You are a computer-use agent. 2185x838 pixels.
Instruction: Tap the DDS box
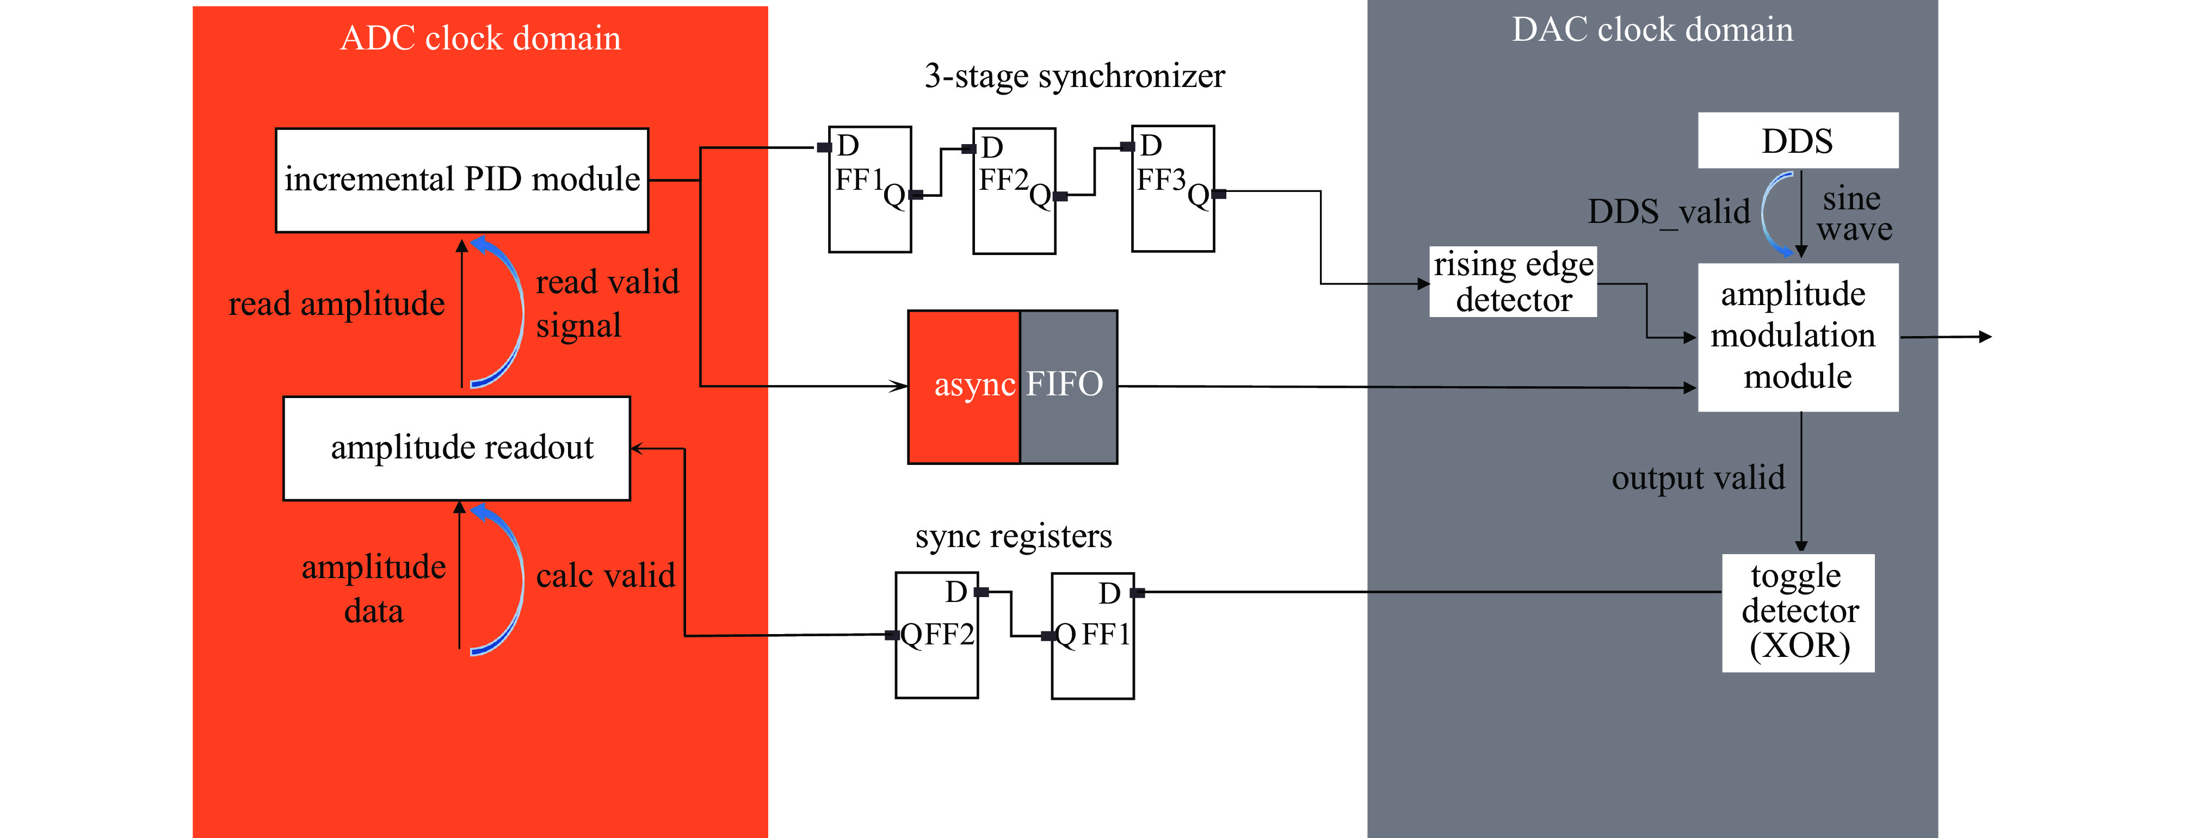pyautogui.click(x=1798, y=140)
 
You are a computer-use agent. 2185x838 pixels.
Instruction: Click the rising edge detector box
pyautogui.click(x=1513, y=282)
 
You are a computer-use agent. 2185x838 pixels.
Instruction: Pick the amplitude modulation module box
pyautogui.click(x=1798, y=337)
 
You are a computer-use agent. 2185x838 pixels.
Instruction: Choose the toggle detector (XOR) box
pyautogui.click(x=1798, y=612)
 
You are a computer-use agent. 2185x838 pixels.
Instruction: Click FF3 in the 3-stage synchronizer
pyautogui.click(x=1172, y=188)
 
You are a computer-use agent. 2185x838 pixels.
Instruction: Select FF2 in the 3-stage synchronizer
pyautogui.click(x=1014, y=191)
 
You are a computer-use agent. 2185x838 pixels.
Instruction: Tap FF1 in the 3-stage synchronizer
pyautogui.click(x=869, y=189)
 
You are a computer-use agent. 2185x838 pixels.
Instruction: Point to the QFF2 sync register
pyautogui.click(x=936, y=635)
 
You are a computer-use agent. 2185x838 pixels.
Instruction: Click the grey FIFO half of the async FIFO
pyautogui.click(x=1068, y=386)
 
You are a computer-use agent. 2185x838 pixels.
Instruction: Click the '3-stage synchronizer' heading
pyautogui.click(x=1074, y=76)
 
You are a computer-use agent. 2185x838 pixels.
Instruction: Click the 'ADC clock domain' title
pyautogui.click(x=480, y=38)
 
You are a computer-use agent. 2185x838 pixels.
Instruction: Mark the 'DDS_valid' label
pyautogui.click(x=1668, y=211)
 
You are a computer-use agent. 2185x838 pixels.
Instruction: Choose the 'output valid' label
pyautogui.click(x=1698, y=477)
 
